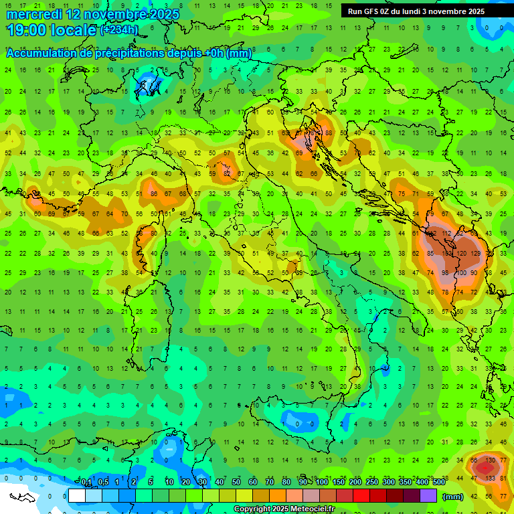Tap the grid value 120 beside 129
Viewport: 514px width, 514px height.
[x=461, y=254]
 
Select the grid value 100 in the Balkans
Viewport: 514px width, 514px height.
[x=461, y=273]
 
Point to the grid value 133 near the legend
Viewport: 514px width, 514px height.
[x=489, y=478]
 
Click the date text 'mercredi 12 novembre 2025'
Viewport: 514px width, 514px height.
[x=86, y=14]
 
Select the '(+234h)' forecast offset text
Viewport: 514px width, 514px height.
[x=119, y=30]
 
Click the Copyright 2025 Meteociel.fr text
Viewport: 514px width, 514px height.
[x=284, y=509]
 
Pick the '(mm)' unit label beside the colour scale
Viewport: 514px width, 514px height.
[x=453, y=497]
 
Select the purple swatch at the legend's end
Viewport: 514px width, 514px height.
[x=428, y=496]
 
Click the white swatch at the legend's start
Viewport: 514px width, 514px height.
[x=77, y=496]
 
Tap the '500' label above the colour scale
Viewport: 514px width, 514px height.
[x=439, y=483]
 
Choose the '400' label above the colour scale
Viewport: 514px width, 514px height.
[x=422, y=483]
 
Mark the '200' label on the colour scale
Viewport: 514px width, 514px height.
[x=355, y=483]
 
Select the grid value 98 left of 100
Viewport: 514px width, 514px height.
[x=445, y=273]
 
